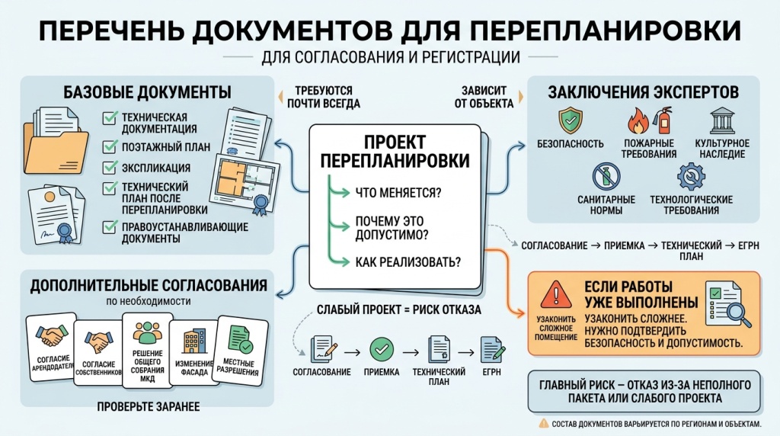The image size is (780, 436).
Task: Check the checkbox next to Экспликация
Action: point(109,168)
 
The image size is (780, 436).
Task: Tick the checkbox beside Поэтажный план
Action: point(109,146)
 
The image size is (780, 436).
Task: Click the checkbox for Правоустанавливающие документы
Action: point(109,226)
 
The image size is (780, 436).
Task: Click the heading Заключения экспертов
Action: point(643,92)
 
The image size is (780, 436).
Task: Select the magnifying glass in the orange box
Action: point(735,312)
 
